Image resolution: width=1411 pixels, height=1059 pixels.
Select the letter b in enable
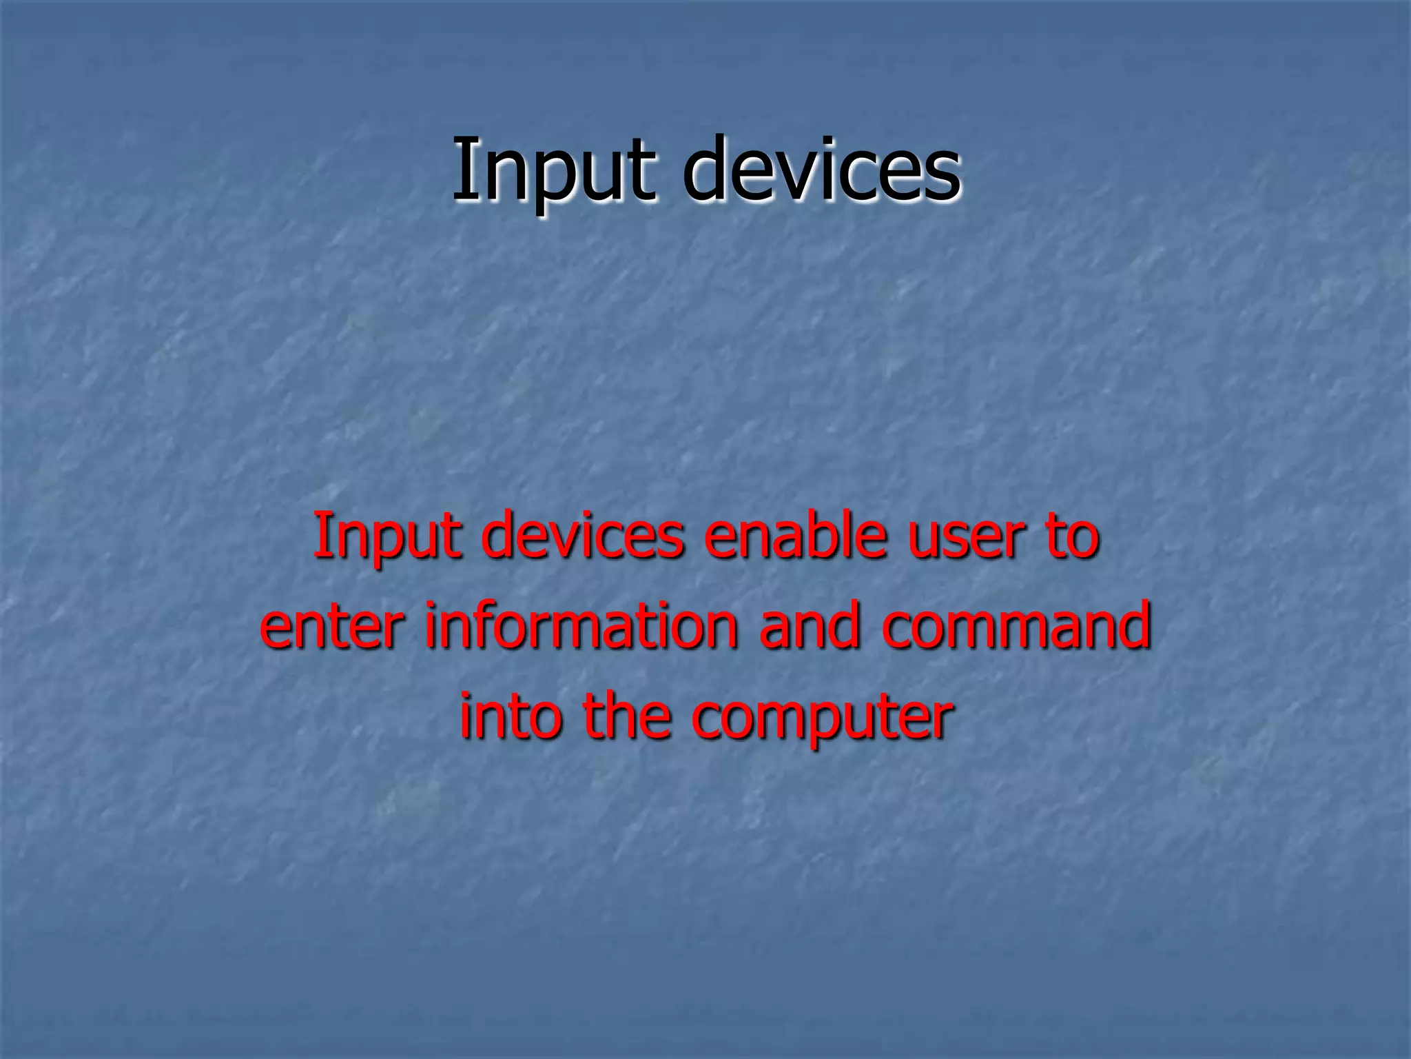tap(830, 536)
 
